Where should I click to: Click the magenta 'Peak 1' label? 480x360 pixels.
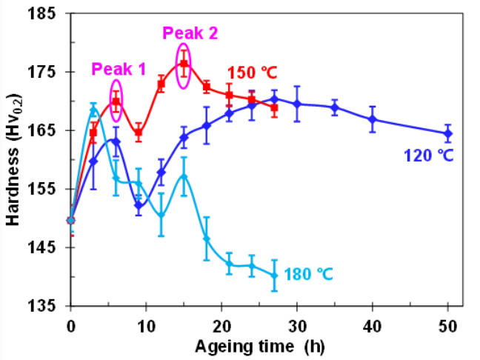[x=119, y=69]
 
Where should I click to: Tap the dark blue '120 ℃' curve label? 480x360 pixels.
[x=428, y=156]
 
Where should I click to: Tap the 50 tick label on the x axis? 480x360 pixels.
[x=448, y=326]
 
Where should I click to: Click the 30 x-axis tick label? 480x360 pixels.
[x=297, y=326]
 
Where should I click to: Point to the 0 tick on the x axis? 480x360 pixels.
[x=71, y=326]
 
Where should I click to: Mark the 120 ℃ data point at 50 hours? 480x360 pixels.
[x=448, y=133]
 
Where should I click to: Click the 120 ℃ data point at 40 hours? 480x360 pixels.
[x=373, y=119]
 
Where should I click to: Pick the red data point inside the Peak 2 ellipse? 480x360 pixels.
[x=184, y=64]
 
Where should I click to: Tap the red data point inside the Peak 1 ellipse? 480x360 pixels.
[x=116, y=101]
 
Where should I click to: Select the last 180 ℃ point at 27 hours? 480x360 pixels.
[x=275, y=276]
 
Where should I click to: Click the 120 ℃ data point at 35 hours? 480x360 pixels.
[x=335, y=107]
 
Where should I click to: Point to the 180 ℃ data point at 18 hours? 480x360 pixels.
[x=207, y=239]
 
